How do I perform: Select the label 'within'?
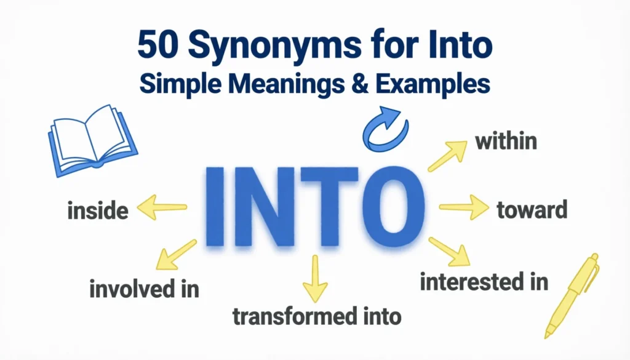[506, 142]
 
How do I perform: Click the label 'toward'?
[531, 210]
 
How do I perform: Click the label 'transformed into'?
[317, 316]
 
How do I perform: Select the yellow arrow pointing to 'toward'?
[463, 207]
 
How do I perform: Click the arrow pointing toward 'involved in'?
[175, 255]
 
